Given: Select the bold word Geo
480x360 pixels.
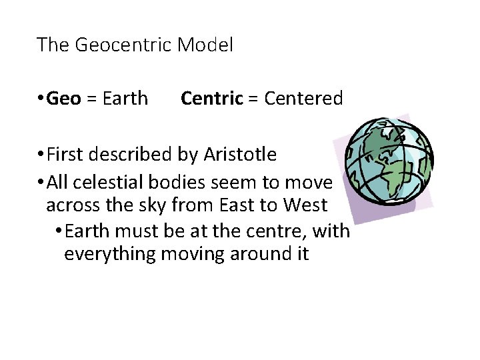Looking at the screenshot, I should click(x=65, y=99).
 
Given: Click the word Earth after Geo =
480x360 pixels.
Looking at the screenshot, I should click(x=125, y=99).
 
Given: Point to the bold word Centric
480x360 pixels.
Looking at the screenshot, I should click(x=211, y=99).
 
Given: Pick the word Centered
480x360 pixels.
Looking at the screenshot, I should click(x=303, y=99).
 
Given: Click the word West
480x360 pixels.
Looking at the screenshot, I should click(x=305, y=205).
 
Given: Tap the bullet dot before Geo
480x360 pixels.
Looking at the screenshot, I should click(x=42, y=99).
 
